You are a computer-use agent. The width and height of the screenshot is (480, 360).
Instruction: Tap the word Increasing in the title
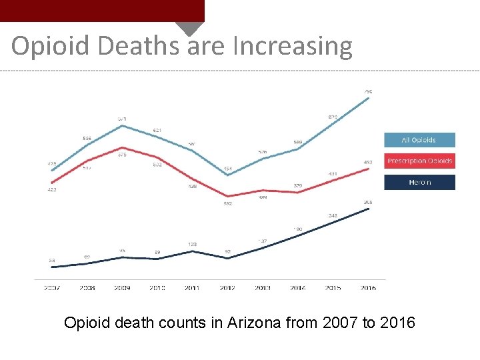[x=292, y=46]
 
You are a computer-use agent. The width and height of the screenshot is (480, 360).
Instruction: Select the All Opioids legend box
[x=419, y=140]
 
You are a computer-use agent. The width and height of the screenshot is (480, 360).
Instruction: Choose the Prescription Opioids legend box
[x=419, y=161]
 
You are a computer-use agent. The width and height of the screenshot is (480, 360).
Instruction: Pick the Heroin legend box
[x=419, y=183]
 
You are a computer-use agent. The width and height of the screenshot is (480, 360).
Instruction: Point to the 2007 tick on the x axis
[x=52, y=288]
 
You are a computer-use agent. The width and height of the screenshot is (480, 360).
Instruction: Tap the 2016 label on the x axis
[x=368, y=288]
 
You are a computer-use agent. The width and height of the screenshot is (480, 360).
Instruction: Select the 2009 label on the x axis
[x=122, y=288]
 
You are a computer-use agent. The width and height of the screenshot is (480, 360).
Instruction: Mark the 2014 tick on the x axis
[x=298, y=288]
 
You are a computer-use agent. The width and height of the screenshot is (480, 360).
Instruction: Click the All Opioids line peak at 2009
[x=122, y=125]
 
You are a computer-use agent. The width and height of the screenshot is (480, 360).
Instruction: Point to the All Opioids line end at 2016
[x=369, y=98]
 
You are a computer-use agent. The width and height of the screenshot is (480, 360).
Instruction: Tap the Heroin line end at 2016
[x=369, y=209]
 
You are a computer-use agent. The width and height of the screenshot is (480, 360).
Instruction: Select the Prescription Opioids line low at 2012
[x=228, y=196]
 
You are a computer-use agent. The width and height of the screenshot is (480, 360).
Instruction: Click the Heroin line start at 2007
[x=52, y=267]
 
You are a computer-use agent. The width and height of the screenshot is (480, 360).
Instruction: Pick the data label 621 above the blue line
[x=157, y=130]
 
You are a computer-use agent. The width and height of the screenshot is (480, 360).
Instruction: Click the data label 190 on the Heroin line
[x=298, y=229]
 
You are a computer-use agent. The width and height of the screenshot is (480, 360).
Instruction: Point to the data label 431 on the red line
[x=333, y=174]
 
